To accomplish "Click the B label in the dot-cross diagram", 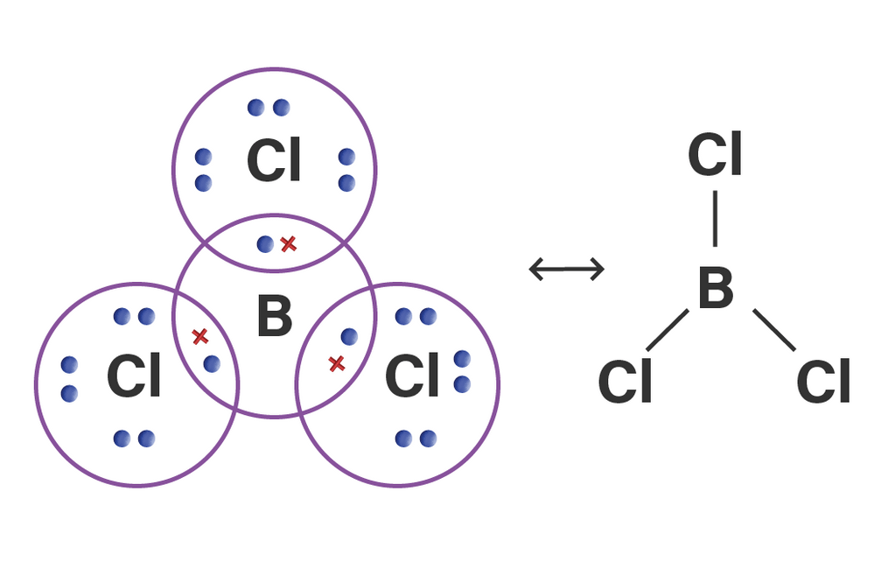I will pyautogui.click(x=274, y=317).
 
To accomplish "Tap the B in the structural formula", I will pyautogui.click(x=715, y=290).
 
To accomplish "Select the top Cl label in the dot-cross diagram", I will pyautogui.click(x=274, y=162).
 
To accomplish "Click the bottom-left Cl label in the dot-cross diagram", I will pyautogui.click(x=134, y=378).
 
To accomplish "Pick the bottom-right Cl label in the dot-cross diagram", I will pyautogui.click(x=412, y=378).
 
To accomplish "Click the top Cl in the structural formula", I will pyautogui.click(x=715, y=156).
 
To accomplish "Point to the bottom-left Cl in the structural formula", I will pyautogui.click(x=625, y=383).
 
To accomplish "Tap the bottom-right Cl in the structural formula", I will pyautogui.click(x=823, y=383).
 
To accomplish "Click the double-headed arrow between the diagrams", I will pyautogui.click(x=567, y=269).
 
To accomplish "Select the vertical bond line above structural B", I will pyautogui.click(x=715, y=219).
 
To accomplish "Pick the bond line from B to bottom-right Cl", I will pyautogui.click(x=774, y=330).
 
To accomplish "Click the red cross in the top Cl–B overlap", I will pyautogui.click(x=289, y=244).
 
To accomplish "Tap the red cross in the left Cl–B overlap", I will pyautogui.click(x=199, y=335).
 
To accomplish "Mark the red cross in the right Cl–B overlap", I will pyautogui.click(x=336, y=362).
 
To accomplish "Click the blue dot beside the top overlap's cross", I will pyautogui.click(x=265, y=244).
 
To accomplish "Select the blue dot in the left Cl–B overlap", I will pyautogui.click(x=212, y=363).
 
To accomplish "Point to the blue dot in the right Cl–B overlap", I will pyautogui.click(x=349, y=336).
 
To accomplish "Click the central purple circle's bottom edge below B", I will pyautogui.click(x=274, y=416).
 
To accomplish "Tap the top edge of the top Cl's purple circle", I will pyautogui.click(x=274, y=68).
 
